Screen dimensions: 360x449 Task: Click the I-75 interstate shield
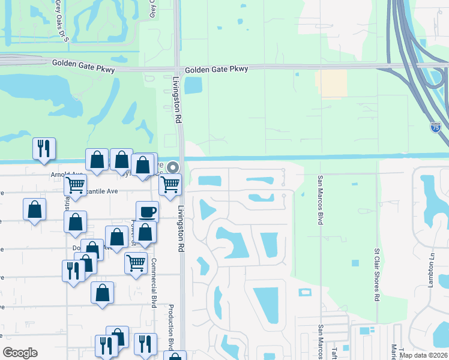click(x=435, y=127)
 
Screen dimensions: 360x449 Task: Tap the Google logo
click(x=20, y=353)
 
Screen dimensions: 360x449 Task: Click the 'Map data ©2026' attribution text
click(x=424, y=355)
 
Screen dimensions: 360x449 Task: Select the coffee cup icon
click(x=147, y=211)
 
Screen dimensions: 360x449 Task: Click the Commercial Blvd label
click(x=154, y=283)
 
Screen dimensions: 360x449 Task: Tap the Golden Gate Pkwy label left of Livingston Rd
click(x=78, y=63)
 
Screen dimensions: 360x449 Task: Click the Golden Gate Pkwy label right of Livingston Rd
click(x=216, y=70)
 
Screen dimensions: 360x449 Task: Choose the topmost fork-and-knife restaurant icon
click(x=44, y=148)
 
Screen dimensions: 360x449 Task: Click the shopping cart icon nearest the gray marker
click(x=170, y=184)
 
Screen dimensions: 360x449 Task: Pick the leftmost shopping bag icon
click(x=35, y=209)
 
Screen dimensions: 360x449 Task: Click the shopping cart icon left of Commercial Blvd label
click(x=136, y=262)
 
